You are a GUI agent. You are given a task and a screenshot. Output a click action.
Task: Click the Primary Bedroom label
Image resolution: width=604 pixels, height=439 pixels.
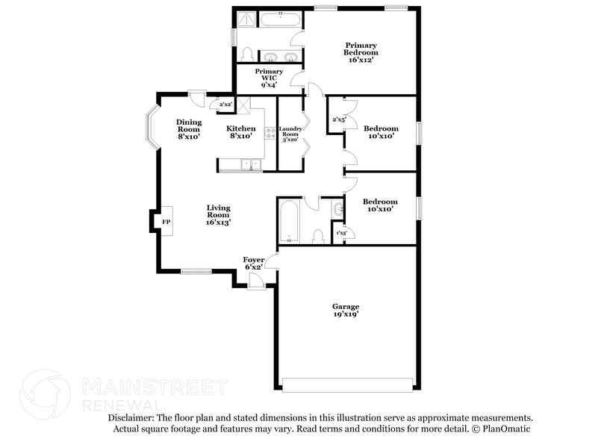360,52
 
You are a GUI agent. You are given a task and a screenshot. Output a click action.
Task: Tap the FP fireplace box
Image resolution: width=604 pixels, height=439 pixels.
165,221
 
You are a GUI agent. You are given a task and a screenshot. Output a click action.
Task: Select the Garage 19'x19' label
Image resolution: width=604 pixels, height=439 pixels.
346,310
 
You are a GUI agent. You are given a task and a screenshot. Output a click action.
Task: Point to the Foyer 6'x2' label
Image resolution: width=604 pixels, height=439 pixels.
253,263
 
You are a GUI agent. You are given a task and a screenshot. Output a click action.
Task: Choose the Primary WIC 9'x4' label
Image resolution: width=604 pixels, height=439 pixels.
269,78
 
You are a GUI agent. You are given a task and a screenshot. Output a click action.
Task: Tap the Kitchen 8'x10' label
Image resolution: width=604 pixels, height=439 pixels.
241,132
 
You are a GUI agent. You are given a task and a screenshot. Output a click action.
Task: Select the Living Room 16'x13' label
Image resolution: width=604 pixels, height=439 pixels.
218,214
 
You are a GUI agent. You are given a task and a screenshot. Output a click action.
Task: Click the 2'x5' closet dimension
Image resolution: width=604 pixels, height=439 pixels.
339,119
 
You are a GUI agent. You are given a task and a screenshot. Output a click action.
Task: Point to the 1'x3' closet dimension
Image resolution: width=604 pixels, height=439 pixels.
341,234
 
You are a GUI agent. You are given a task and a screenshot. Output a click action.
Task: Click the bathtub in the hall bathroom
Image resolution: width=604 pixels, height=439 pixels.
288,222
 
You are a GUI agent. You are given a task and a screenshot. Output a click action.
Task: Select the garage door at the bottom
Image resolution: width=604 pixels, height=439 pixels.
347,385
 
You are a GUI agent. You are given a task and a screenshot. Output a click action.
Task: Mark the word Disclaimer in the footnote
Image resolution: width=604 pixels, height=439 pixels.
132,418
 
